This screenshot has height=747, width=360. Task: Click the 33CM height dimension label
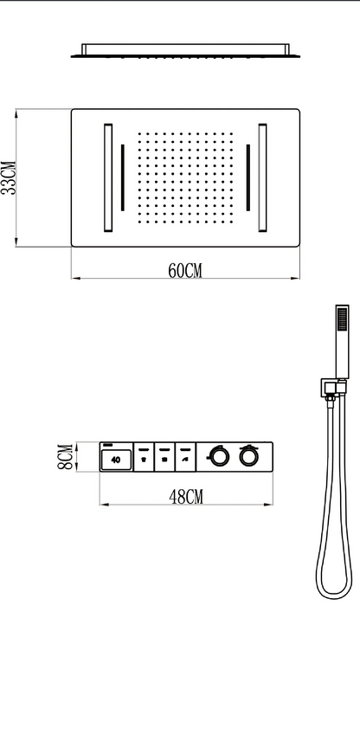9,177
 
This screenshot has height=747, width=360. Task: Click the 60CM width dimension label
185,271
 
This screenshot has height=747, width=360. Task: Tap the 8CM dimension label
66,457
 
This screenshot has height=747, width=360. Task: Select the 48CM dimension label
186,496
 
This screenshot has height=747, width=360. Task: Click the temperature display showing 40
116,460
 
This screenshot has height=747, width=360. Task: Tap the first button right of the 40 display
144,457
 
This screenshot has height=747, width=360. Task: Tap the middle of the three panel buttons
164,457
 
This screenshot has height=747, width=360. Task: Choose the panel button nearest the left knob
185,457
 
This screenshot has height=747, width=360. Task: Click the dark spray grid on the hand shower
342,319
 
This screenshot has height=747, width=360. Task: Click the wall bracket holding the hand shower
333,388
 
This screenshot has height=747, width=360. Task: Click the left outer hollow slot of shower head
108,177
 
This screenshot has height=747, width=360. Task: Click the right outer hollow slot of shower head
262,177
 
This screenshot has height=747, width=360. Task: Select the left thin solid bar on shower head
122,177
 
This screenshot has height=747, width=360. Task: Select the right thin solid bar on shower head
248,177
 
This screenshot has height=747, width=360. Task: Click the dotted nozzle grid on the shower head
185,177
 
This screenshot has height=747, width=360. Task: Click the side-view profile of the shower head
185,50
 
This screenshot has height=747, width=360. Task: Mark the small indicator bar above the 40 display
107,446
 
